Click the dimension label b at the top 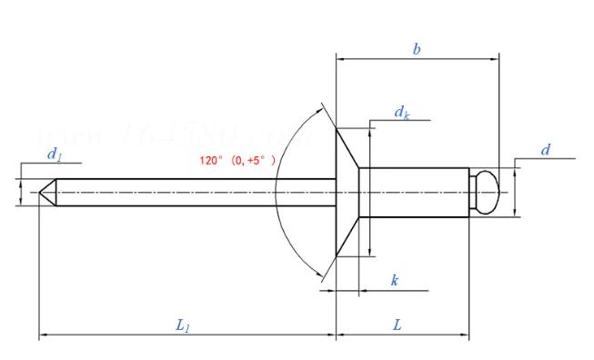tap(417, 49)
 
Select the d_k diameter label tap(400, 112)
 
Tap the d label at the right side tap(545, 150)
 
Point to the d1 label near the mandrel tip tap(54, 155)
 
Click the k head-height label tap(394, 281)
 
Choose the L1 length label tap(182, 325)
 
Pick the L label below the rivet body tap(398, 325)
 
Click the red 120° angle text tap(237, 160)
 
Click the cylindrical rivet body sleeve tap(414, 192)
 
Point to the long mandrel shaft tap(182, 192)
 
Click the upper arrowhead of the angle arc tap(319, 110)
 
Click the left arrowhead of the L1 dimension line tap(43, 337)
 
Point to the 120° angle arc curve tap(280, 192)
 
